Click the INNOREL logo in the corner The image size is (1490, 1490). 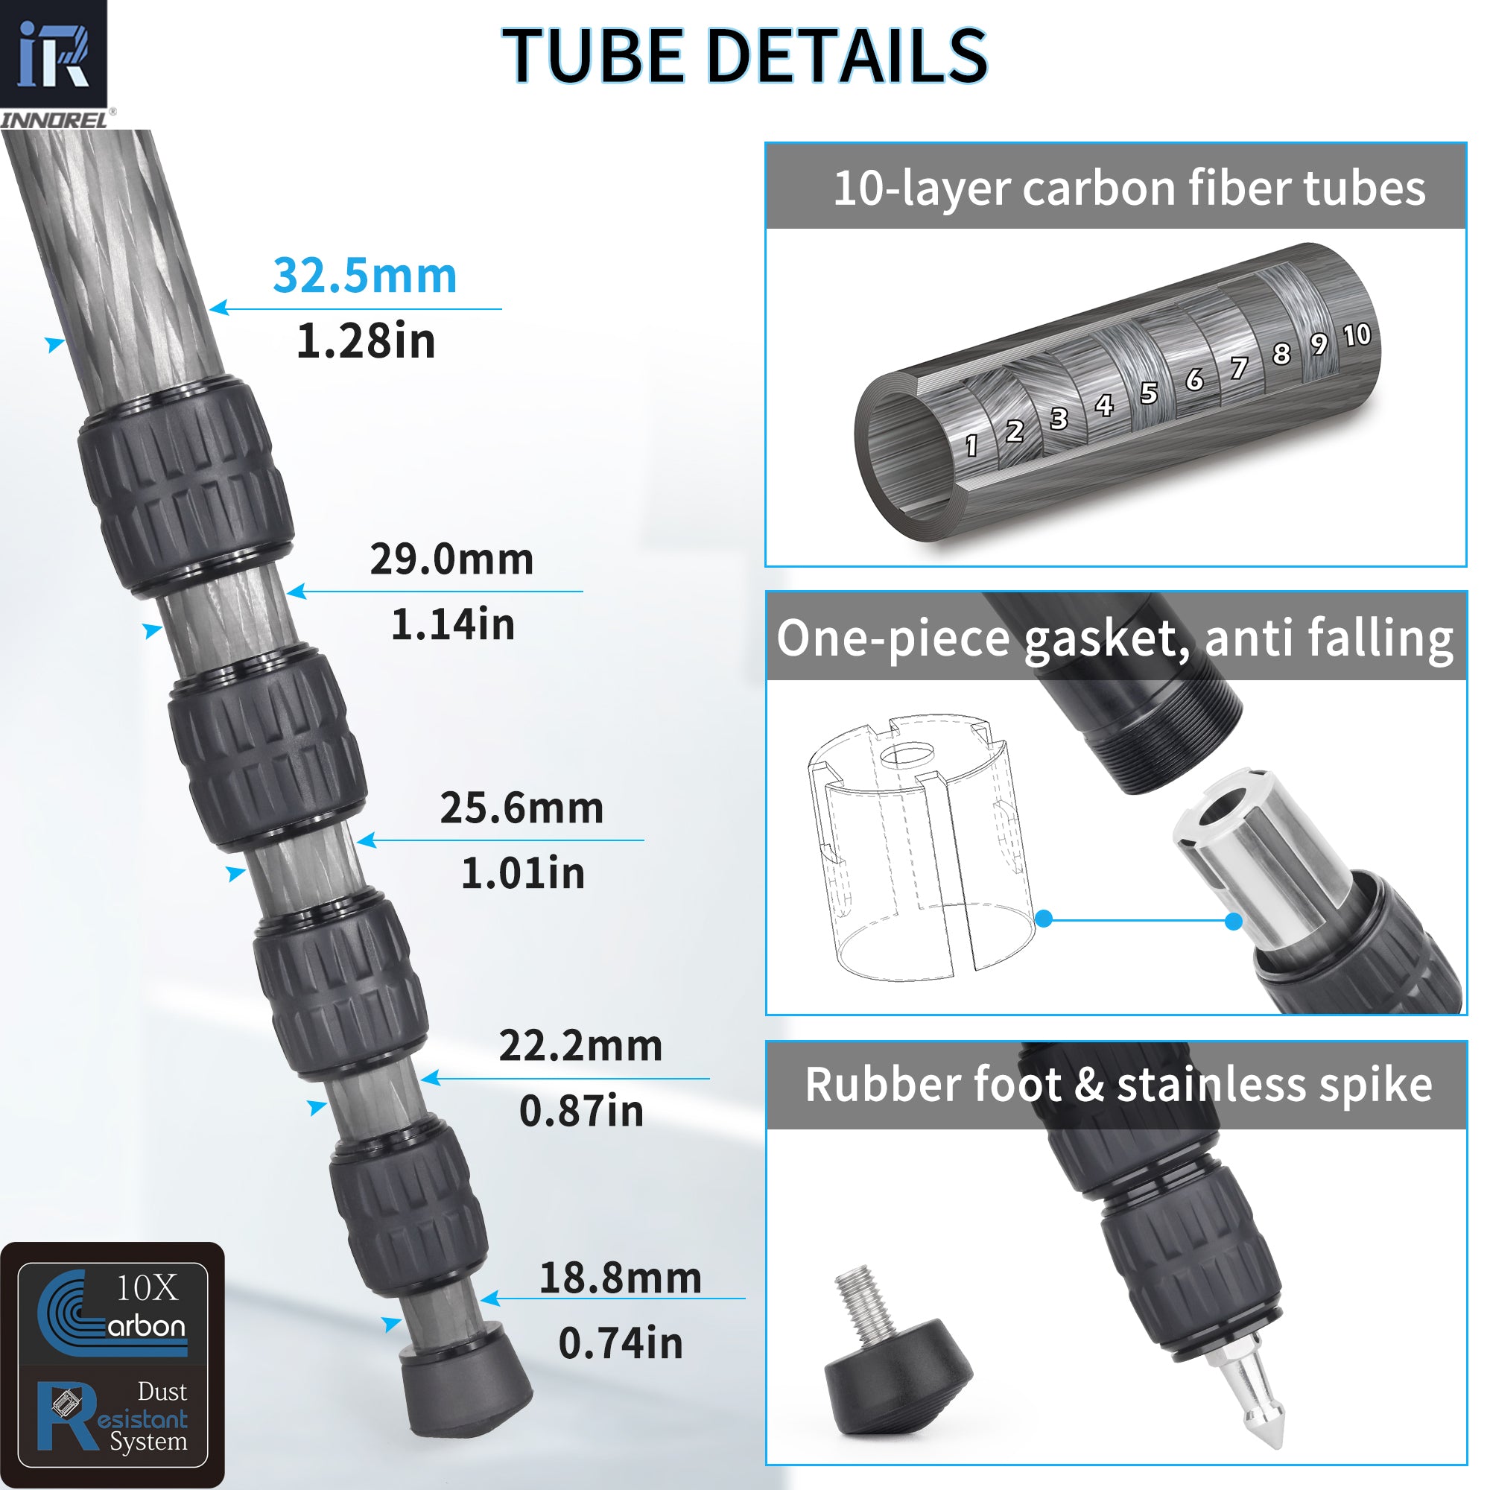[x=54, y=62]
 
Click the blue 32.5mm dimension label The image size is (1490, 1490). [x=365, y=276]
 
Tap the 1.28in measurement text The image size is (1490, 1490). [x=366, y=341]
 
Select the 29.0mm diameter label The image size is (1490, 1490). [x=451, y=559]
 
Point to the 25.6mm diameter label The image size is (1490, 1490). [x=521, y=808]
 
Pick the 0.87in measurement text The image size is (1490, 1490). [x=581, y=1111]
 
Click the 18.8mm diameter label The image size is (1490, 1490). [x=620, y=1278]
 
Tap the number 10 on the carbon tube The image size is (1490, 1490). [x=1357, y=335]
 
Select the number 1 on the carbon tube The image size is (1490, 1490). [x=971, y=445]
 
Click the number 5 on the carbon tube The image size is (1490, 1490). [x=1148, y=393]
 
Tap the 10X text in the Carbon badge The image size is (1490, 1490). [x=147, y=1288]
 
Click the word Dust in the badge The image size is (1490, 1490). [x=162, y=1391]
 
